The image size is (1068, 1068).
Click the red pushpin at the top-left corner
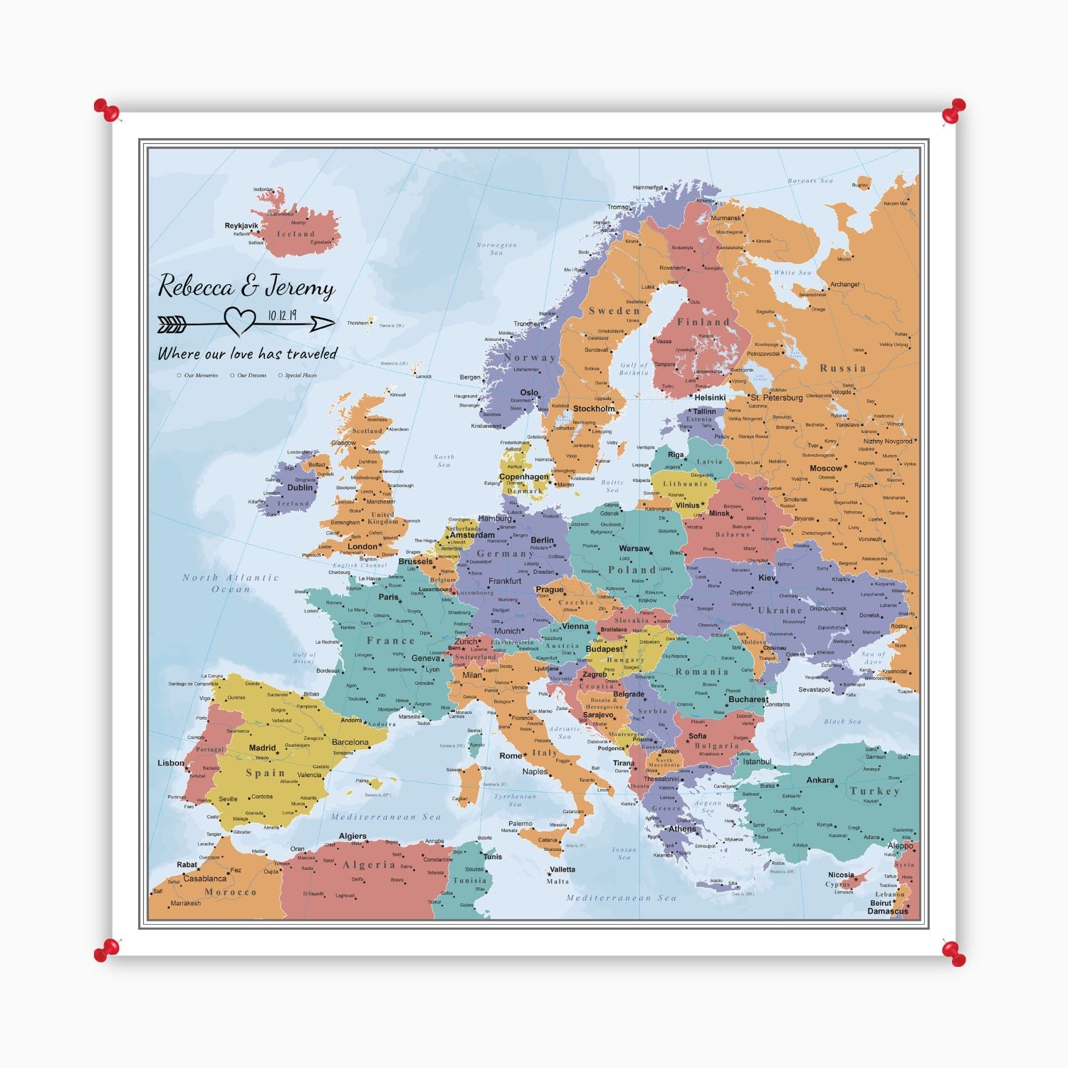coord(106,110)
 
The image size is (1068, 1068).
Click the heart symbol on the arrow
coord(240,320)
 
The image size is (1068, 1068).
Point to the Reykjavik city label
coord(241,226)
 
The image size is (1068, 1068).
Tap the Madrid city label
coord(262,748)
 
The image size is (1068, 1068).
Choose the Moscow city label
coord(825,468)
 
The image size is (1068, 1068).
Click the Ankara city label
coord(820,780)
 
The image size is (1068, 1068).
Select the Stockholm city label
coord(593,409)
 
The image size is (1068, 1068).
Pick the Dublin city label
coord(300,488)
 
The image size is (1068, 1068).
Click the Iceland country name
coord(295,234)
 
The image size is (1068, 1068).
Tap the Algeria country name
coord(369,864)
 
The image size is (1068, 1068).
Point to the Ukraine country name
coord(780,610)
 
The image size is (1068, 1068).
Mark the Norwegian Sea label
coord(496,248)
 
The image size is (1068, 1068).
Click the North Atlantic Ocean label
coord(231,583)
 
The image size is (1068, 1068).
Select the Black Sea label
coord(842,721)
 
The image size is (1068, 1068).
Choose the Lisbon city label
coord(171,763)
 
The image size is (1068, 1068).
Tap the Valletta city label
coord(562,869)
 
